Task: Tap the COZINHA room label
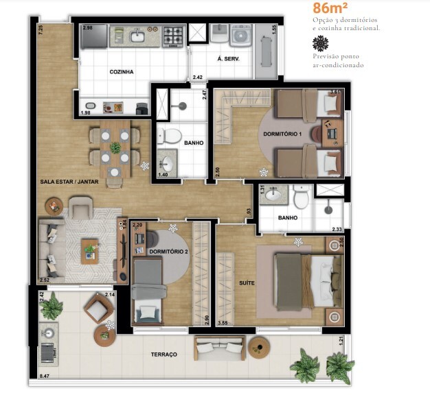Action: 121,71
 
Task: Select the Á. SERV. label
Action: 227,59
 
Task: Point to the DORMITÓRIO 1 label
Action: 282,133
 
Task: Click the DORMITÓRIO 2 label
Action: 168,252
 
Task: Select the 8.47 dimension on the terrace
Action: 45,376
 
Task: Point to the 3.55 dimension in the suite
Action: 223,322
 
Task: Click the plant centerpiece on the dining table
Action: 115,147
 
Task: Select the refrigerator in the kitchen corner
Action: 93,36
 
